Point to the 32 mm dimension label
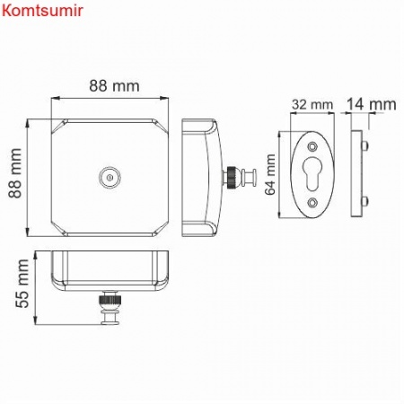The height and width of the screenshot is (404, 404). tap(310, 104)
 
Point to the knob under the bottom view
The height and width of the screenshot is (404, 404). tap(112, 309)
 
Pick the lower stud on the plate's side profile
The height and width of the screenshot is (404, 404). tap(366, 199)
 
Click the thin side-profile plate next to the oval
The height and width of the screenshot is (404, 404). tap(359, 172)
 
